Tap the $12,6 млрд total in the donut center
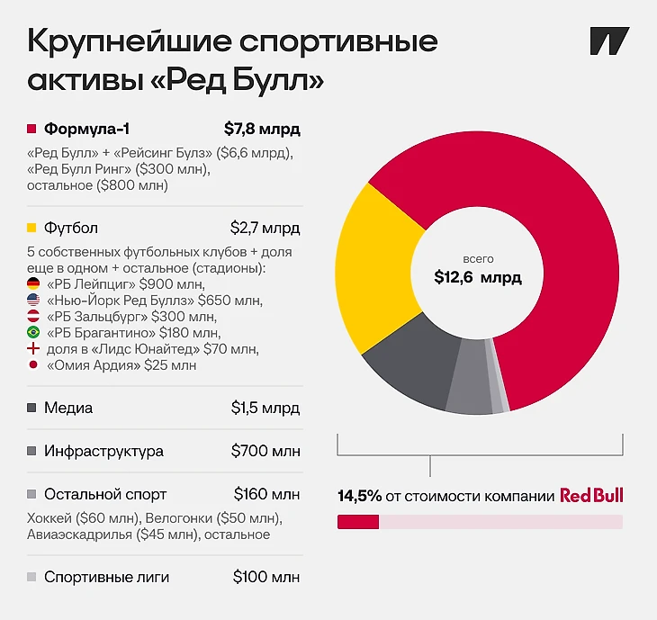478,277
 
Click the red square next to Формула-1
31,129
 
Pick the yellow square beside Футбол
31,228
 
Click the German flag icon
33,283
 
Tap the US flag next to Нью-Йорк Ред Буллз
33,300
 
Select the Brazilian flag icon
33,332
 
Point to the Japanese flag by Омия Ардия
33,364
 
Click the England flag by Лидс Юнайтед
33,348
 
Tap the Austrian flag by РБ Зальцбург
33,316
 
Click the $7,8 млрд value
262,129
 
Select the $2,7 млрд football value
265,229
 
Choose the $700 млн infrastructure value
265,451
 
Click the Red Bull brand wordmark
591,495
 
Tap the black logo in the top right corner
609,41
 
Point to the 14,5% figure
359,496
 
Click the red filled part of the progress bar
358,522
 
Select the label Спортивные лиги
106,578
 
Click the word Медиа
68,408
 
